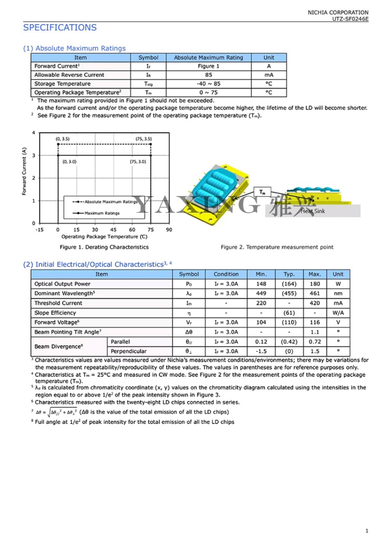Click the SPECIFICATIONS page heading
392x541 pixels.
(60, 27)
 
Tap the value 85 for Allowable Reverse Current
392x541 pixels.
(208, 75)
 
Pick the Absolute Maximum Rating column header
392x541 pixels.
(208, 57)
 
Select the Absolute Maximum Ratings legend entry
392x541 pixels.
(111, 201)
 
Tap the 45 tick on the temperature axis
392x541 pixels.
(113, 229)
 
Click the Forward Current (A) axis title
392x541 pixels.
(24, 172)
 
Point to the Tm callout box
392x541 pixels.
(263, 192)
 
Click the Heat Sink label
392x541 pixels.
(313, 211)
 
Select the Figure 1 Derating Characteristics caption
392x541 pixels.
(104, 247)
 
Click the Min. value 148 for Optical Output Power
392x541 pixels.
(261, 284)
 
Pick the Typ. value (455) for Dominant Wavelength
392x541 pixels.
(289, 294)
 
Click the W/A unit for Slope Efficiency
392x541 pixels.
(338, 313)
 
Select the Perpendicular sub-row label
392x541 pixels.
(128, 351)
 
